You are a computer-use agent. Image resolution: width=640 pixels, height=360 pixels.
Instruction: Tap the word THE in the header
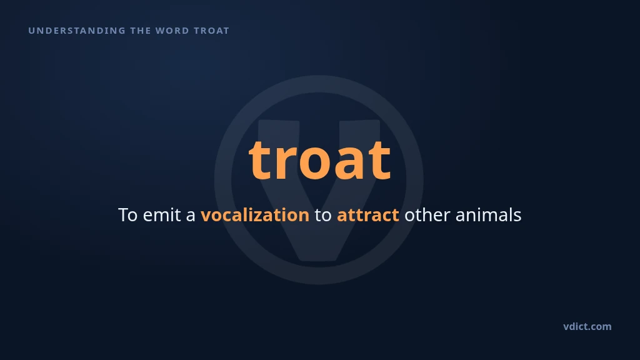[141, 31]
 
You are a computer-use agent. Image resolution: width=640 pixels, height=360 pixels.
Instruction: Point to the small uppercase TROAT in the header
[211, 31]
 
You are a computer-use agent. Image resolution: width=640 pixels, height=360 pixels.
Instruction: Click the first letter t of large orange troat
[259, 159]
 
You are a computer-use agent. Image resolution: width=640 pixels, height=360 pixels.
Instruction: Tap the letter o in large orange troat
[315, 164]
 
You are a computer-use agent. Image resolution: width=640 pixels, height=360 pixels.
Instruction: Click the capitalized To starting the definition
[127, 215]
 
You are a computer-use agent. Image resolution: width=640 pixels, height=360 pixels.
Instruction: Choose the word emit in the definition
[162, 215]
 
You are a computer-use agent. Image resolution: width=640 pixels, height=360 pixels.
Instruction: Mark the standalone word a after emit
[191, 217]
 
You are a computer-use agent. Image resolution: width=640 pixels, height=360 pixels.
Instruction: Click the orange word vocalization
[255, 215]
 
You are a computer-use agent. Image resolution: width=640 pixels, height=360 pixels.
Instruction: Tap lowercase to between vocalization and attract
[323, 216]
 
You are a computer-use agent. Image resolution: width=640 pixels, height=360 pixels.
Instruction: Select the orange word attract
[367, 216]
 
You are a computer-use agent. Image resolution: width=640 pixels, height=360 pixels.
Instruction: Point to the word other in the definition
[427, 215]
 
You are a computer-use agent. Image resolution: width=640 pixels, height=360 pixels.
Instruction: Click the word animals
[488, 215]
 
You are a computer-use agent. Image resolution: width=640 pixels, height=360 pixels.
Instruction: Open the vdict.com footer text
[587, 326]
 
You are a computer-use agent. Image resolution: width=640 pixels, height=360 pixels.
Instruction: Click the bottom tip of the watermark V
[319, 261]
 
